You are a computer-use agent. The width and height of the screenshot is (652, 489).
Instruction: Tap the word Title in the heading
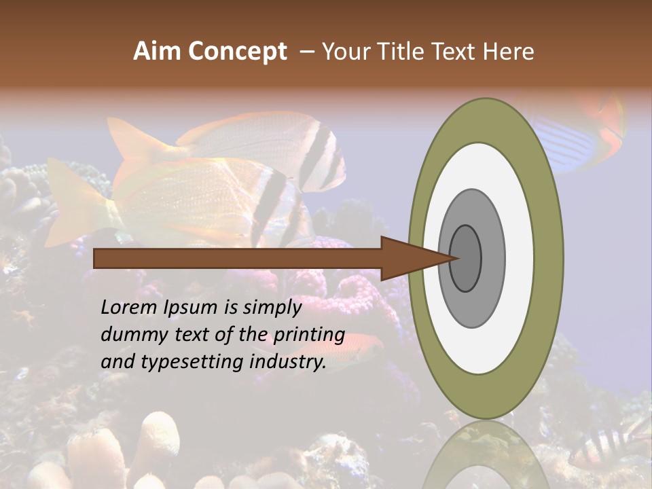point(401,52)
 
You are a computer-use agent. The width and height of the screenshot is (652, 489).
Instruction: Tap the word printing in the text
point(308,334)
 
